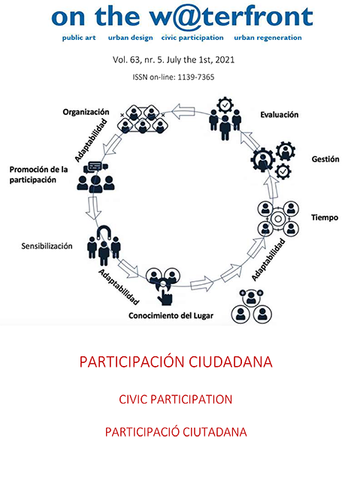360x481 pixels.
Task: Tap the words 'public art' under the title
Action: pos(79,38)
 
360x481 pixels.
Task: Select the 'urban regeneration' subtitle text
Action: pos(268,38)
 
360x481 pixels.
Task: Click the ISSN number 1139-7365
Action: pos(196,77)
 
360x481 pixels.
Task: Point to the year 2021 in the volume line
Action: pos(225,59)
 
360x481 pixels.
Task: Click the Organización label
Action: pos(86,112)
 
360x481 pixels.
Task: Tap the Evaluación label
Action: pos(280,115)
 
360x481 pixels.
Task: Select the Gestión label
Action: pos(325,159)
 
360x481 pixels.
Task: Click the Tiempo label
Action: pos(325,217)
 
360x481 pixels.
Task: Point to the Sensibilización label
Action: pos(47,246)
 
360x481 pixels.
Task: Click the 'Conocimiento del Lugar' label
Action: pos(171,316)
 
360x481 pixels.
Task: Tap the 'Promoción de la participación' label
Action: pos(38,174)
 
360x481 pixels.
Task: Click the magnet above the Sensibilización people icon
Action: pos(104,232)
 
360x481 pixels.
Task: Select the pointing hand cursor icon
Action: pos(165,296)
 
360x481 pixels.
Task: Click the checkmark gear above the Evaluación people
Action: pos(225,105)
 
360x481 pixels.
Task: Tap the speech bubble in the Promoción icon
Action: pos(95,167)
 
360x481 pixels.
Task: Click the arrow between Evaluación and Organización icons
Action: pos(183,110)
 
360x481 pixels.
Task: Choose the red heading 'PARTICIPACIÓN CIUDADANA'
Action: pos(176,362)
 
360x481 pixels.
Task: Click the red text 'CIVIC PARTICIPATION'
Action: pos(176,399)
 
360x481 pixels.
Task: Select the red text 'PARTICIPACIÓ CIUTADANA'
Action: pos(176,432)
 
